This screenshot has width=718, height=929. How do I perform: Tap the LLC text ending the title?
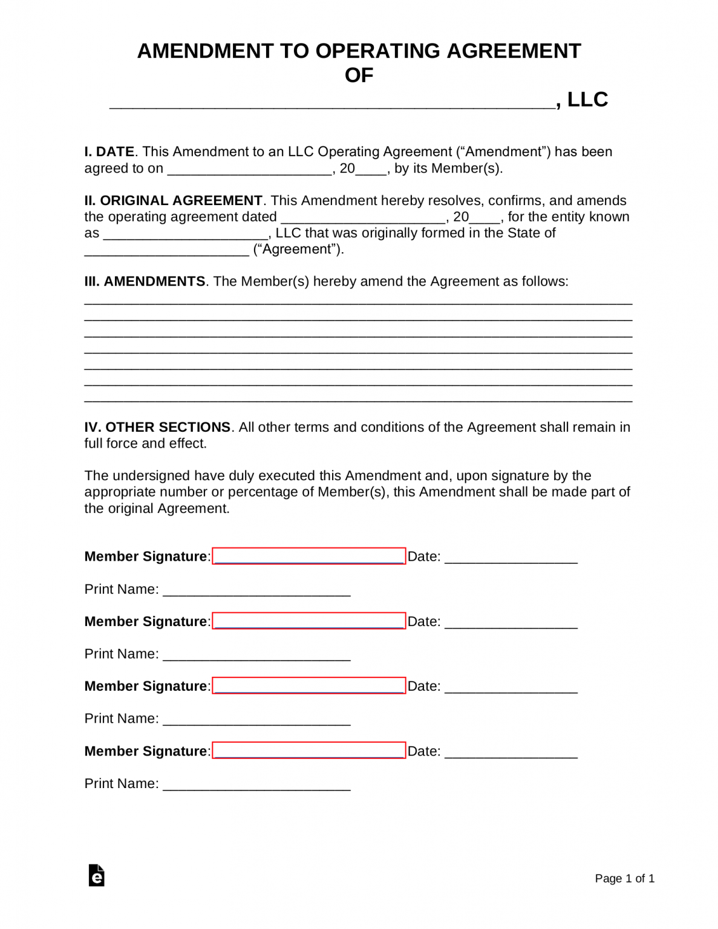pyautogui.click(x=587, y=99)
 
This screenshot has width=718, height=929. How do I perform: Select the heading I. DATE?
pyautogui.click(x=109, y=152)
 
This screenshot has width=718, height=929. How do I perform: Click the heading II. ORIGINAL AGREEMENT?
pyautogui.click(x=173, y=201)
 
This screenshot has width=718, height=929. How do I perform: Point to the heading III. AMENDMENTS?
pyautogui.click(x=145, y=282)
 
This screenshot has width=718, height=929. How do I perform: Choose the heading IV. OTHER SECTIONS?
pyautogui.click(x=157, y=428)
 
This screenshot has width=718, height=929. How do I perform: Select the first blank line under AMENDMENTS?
pyautogui.click(x=358, y=301)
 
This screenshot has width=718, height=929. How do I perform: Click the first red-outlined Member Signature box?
pyautogui.click(x=308, y=556)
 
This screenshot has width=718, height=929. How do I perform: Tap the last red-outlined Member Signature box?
pyautogui.click(x=308, y=750)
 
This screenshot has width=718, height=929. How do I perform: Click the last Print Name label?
pyautogui.click(x=122, y=784)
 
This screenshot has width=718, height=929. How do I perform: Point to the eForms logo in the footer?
pyautogui.click(x=97, y=875)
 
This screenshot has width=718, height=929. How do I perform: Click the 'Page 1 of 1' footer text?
pyautogui.click(x=624, y=879)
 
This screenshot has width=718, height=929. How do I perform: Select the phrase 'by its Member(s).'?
pyautogui.click(x=448, y=169)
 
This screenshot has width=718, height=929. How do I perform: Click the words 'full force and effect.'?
pyautogui.click(x=145, y=444)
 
